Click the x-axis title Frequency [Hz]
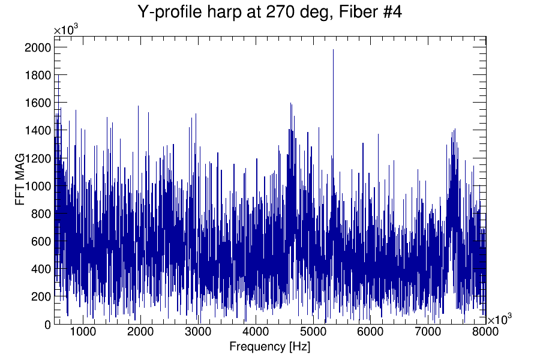(269, 347)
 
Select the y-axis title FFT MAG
(21, 179)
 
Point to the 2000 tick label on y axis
(37, 47)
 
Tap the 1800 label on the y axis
(37, 75)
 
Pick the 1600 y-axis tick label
(37, 103)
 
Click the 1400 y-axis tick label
(37, 130)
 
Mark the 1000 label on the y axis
(37, 186)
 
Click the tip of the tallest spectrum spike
(333, 50)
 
